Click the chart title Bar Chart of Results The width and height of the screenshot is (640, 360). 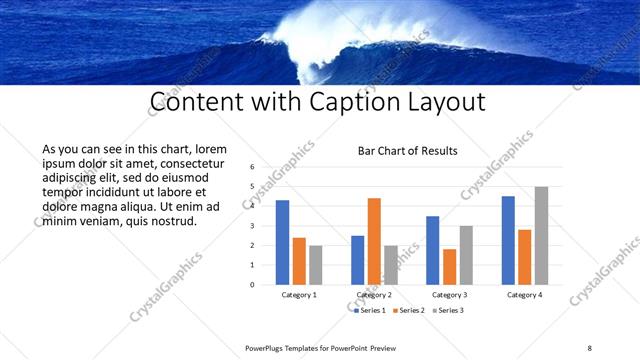(x=408, y=151)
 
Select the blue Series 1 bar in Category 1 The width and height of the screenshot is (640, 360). (x=283, y=242)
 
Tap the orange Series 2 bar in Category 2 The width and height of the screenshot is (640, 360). (x=374, y=241)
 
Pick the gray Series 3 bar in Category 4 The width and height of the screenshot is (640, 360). (x=541, y=235)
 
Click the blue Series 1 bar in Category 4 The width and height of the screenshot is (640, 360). (x=508, y=240)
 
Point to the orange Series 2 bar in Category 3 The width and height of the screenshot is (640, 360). (x=449, y=266)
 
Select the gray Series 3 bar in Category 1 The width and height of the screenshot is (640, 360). (x=316, y=264)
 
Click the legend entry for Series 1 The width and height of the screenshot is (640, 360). (x=370, y=311)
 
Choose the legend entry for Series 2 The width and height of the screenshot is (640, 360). (x=410, y=311)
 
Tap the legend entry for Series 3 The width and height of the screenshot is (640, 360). (x=449, y=311)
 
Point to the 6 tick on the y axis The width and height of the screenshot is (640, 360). (x=252, y=168)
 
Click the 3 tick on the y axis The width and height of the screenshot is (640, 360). (x=252, y=226)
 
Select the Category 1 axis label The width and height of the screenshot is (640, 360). (x=299, y=295)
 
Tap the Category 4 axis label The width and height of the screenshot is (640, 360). (x=524, y=295)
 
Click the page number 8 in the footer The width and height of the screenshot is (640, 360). (x=590, y=347)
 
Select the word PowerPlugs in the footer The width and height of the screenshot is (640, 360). (x=269, y=347)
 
